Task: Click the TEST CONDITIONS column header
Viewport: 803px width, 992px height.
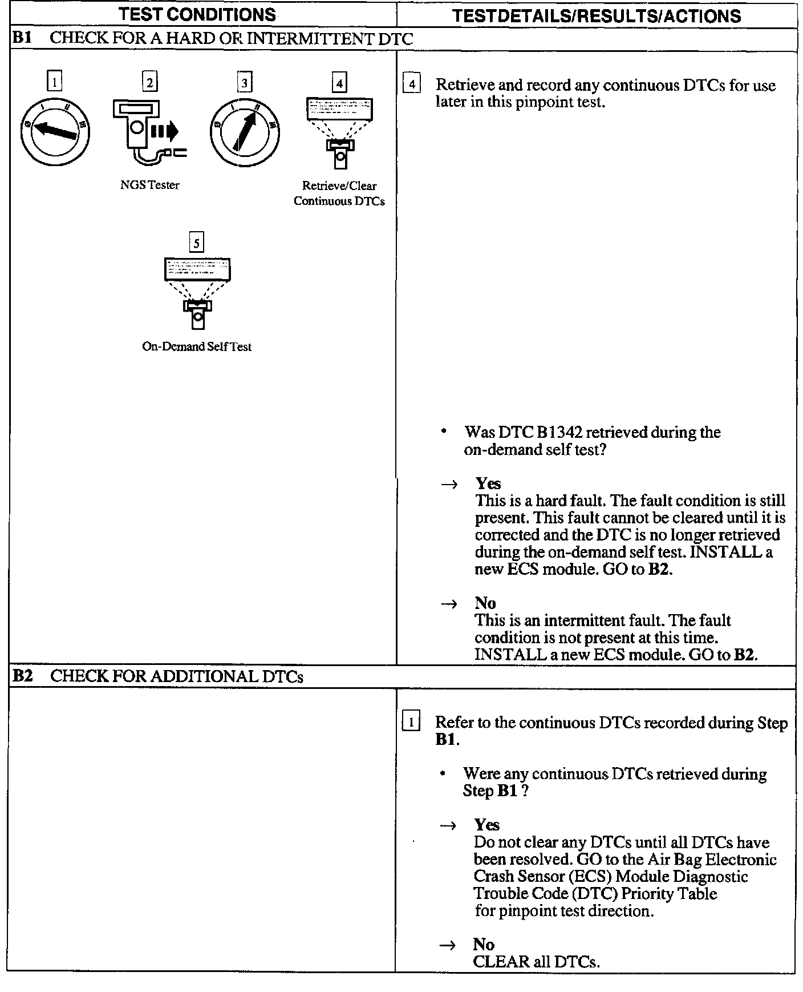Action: tap(197, 15)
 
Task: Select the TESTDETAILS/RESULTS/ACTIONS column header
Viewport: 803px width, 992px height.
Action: tap(596, 16)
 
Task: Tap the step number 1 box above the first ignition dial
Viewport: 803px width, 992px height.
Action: tap(54, 82)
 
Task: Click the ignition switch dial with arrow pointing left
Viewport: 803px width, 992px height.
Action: tap(55, 131)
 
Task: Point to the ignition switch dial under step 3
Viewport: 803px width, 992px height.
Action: tap(245, 132)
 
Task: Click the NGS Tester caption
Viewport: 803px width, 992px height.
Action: tap(150, 185)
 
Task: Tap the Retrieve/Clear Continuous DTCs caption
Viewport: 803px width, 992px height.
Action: tap(339, 193)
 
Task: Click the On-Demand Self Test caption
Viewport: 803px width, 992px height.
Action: tap(197, 346)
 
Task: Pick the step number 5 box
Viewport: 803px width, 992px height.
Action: tap(197, 243)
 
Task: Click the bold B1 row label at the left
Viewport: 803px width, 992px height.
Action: tap(22, 38)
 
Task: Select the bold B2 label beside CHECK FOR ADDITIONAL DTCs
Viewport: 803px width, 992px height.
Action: tap(22, 676)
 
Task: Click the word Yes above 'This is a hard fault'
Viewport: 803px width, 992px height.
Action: tap(488, 483)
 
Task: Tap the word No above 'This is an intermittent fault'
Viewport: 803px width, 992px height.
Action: tap(485, 603)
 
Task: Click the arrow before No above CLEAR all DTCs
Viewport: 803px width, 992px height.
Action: tap(448, 945)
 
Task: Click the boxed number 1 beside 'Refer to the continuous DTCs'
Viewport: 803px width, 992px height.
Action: tap(411, 723)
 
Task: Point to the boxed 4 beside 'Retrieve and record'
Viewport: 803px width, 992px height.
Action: tap(412, 84)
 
